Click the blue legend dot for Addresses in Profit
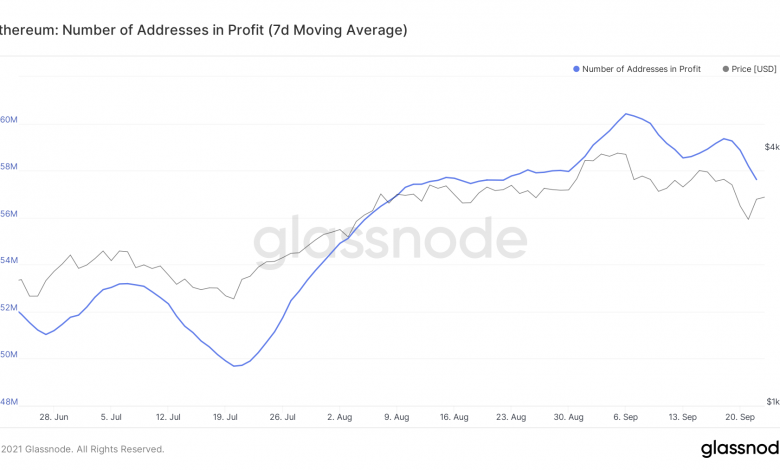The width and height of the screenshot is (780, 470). (x=576, y=69)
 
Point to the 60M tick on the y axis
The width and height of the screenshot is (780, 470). (x=8, y=120)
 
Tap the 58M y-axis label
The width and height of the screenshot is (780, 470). (x=8, y=167)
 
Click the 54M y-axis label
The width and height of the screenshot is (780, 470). (x=8, y=261)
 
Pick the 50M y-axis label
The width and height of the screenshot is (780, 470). (x=8, y=355)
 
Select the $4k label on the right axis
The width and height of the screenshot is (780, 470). (x=771, y=147)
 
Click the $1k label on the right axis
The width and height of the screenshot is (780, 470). (x=771, y=401)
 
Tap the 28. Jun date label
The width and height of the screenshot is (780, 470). (x=53, y=416)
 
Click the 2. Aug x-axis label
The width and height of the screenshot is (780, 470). (x=341, y=416)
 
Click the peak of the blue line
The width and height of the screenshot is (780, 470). (x=626, y=114)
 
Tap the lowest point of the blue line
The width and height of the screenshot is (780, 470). (x=237, y=366)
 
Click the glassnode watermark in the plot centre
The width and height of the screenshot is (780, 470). (x=389, y=241)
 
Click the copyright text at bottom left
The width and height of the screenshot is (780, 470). (x=82, y=449)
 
